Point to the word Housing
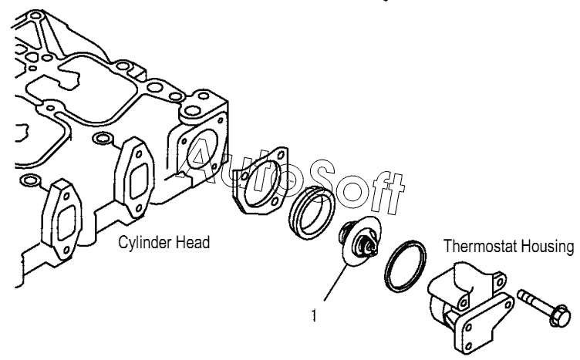[549, 247]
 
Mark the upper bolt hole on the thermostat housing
[464, 292]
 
